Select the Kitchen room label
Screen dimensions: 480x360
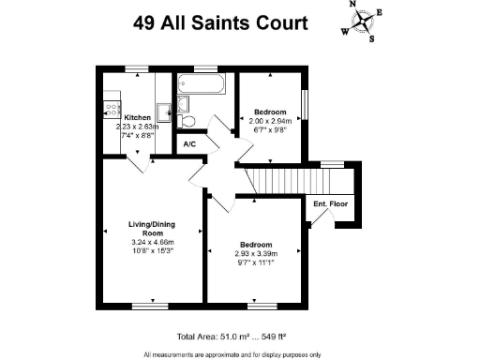137,117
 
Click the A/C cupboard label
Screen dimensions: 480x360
189,144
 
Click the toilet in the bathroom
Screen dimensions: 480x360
187,120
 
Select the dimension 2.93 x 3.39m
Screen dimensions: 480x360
255,254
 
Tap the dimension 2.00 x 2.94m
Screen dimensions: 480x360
270,121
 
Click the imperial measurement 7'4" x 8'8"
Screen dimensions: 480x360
137,137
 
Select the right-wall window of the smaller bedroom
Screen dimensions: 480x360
305,101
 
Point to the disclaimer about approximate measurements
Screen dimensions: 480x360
232,354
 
